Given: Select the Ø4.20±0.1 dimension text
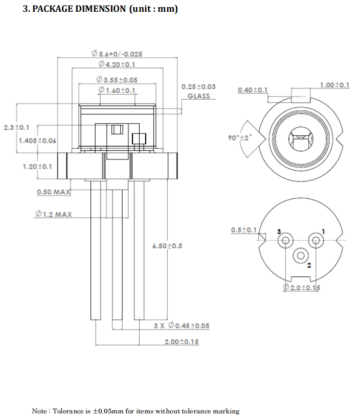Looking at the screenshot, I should pos(117,64).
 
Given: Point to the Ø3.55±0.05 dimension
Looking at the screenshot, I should pos(117,80).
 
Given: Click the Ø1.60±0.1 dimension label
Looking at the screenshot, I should pos(117,91).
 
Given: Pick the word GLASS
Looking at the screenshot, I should pos(198,96).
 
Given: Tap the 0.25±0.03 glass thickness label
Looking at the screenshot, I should pos(198,87).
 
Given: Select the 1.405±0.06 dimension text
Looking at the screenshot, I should pos(37,141).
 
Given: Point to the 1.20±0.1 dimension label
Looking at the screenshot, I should pos(37,167).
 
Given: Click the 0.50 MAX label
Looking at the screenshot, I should pos(53,192).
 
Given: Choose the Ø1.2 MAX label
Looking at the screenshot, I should pos(53,214).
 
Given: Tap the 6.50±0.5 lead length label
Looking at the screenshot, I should pos(167,246).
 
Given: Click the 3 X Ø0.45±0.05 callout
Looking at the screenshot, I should pos(182,326).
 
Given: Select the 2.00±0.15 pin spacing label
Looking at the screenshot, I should pos(182,342).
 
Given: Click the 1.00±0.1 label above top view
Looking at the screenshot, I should pos(334,85).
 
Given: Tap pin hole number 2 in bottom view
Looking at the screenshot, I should pos(300,256).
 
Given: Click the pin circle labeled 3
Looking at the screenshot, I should pos(286,240).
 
